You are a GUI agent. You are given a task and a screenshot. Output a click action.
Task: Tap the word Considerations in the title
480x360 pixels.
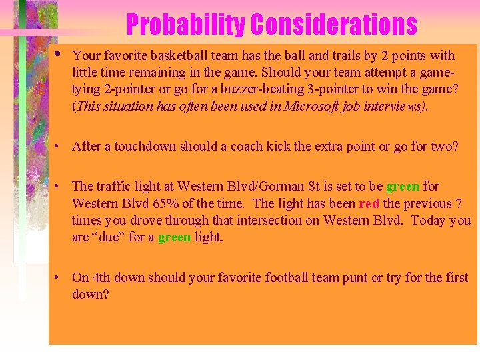click(x=333, y=25)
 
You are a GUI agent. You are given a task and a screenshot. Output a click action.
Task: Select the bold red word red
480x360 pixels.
click(x=369, y=203)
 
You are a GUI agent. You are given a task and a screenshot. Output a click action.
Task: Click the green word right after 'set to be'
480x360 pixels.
click(x=403, y=187)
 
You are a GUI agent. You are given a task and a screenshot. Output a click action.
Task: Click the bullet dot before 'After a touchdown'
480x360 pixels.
click(x=59, y=146)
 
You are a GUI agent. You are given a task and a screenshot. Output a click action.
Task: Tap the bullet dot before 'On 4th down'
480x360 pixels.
click(x=59, y=277)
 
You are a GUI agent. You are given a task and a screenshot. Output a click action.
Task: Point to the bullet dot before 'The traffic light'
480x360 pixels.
click(x=59, y=186)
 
